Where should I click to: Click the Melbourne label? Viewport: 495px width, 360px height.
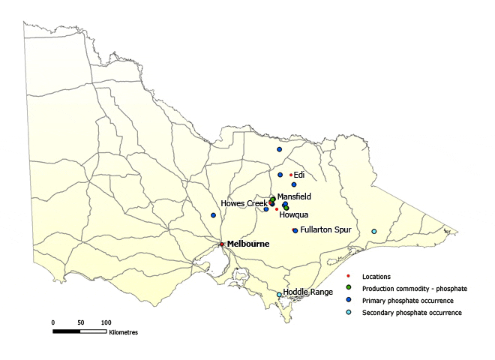pos(248,244)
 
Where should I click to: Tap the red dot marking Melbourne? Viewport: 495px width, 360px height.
pos(221,244)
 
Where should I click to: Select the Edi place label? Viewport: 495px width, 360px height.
pos(299,175)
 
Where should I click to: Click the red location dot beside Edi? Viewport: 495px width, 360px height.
pos(290,175)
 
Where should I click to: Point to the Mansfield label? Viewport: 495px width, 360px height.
pos(292,196)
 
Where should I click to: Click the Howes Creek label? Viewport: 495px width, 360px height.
pos(244,204)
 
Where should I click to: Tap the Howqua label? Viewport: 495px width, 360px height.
pos(293,214)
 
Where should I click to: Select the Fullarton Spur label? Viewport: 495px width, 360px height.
pos(326,230)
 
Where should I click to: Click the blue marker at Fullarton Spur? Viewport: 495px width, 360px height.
pos(295,230)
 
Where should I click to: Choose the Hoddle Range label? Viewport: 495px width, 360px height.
pos(307,292)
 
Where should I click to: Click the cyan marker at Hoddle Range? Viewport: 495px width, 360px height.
pos(279,295)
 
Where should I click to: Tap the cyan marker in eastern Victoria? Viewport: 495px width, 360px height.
pos(373,231)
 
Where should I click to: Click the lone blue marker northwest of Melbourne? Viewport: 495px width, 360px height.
pos(213,215)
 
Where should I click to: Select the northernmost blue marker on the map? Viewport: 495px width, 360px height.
pos(279,149)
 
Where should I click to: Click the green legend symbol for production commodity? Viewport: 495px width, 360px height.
pos(349,288)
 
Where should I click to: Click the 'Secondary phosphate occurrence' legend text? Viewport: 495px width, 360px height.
pos(412,312)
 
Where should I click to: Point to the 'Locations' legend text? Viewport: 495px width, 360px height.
pos(376,277)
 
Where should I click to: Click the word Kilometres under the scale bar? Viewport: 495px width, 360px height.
pos(123,331)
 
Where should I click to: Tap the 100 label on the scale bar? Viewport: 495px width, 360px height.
pos(106,322)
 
